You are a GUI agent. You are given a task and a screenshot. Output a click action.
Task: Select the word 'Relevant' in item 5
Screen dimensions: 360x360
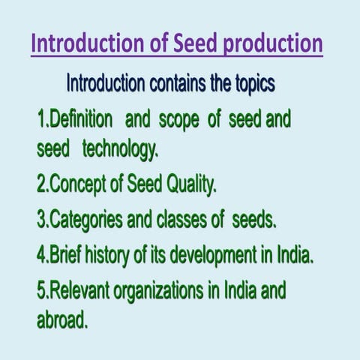tap(83, 291)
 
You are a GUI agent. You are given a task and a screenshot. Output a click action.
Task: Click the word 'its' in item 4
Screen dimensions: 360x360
tap(158, 256)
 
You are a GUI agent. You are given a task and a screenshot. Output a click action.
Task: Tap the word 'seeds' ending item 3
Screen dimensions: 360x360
tap(255, 221)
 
